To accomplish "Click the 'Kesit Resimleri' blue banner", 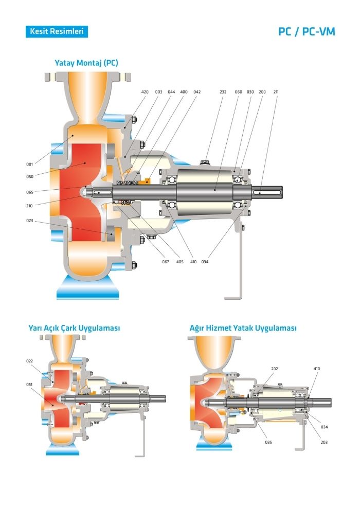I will (56, 31).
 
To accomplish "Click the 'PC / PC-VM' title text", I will (307, 32).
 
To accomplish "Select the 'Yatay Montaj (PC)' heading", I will (86, 63).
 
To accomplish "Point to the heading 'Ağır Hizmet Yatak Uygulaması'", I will (243, 328).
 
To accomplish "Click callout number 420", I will (145, 92).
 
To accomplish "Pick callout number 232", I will (223, 92).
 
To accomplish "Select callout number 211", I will (276, 92).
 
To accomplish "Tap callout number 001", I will (29, 164).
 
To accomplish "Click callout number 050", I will (29, 176).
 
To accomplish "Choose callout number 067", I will (166, 262).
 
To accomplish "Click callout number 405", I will (179, 262).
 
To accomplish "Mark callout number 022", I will (29, 361).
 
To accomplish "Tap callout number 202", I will (274, 369).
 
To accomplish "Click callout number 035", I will (268, 442).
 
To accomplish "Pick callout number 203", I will (323, 442).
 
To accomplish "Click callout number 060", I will (238, 92).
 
